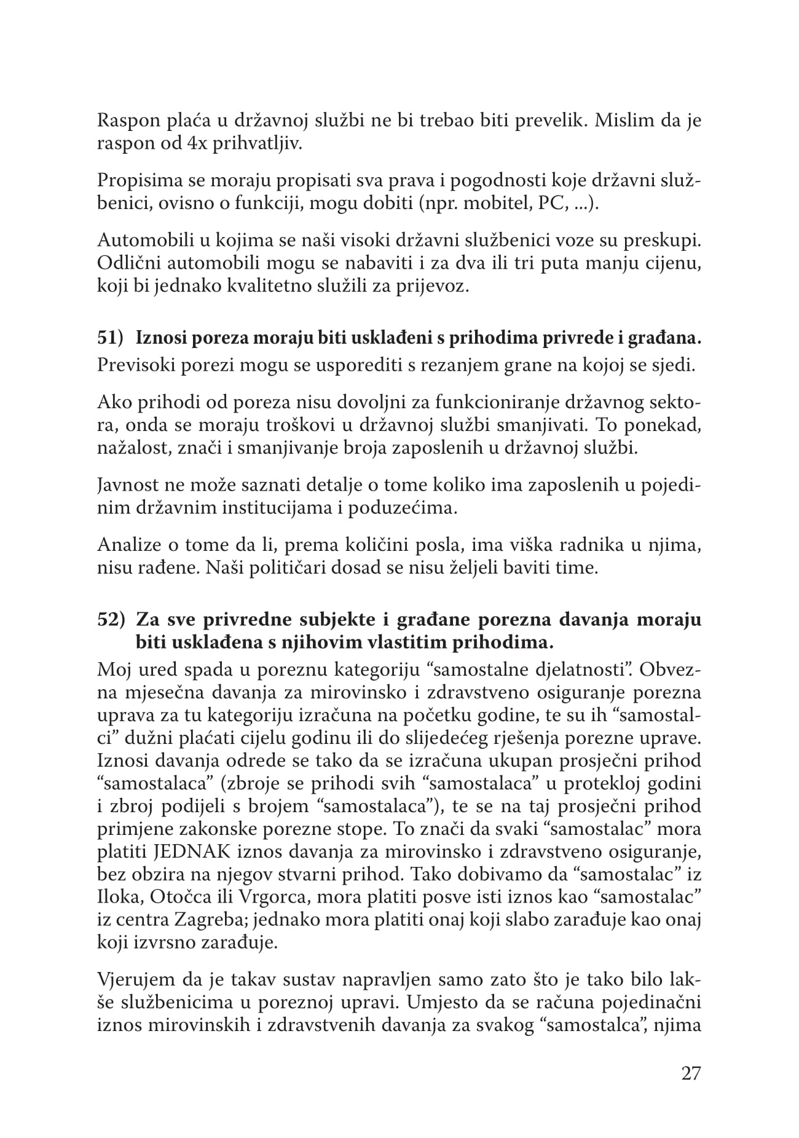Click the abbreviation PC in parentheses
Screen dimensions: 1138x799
549,204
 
